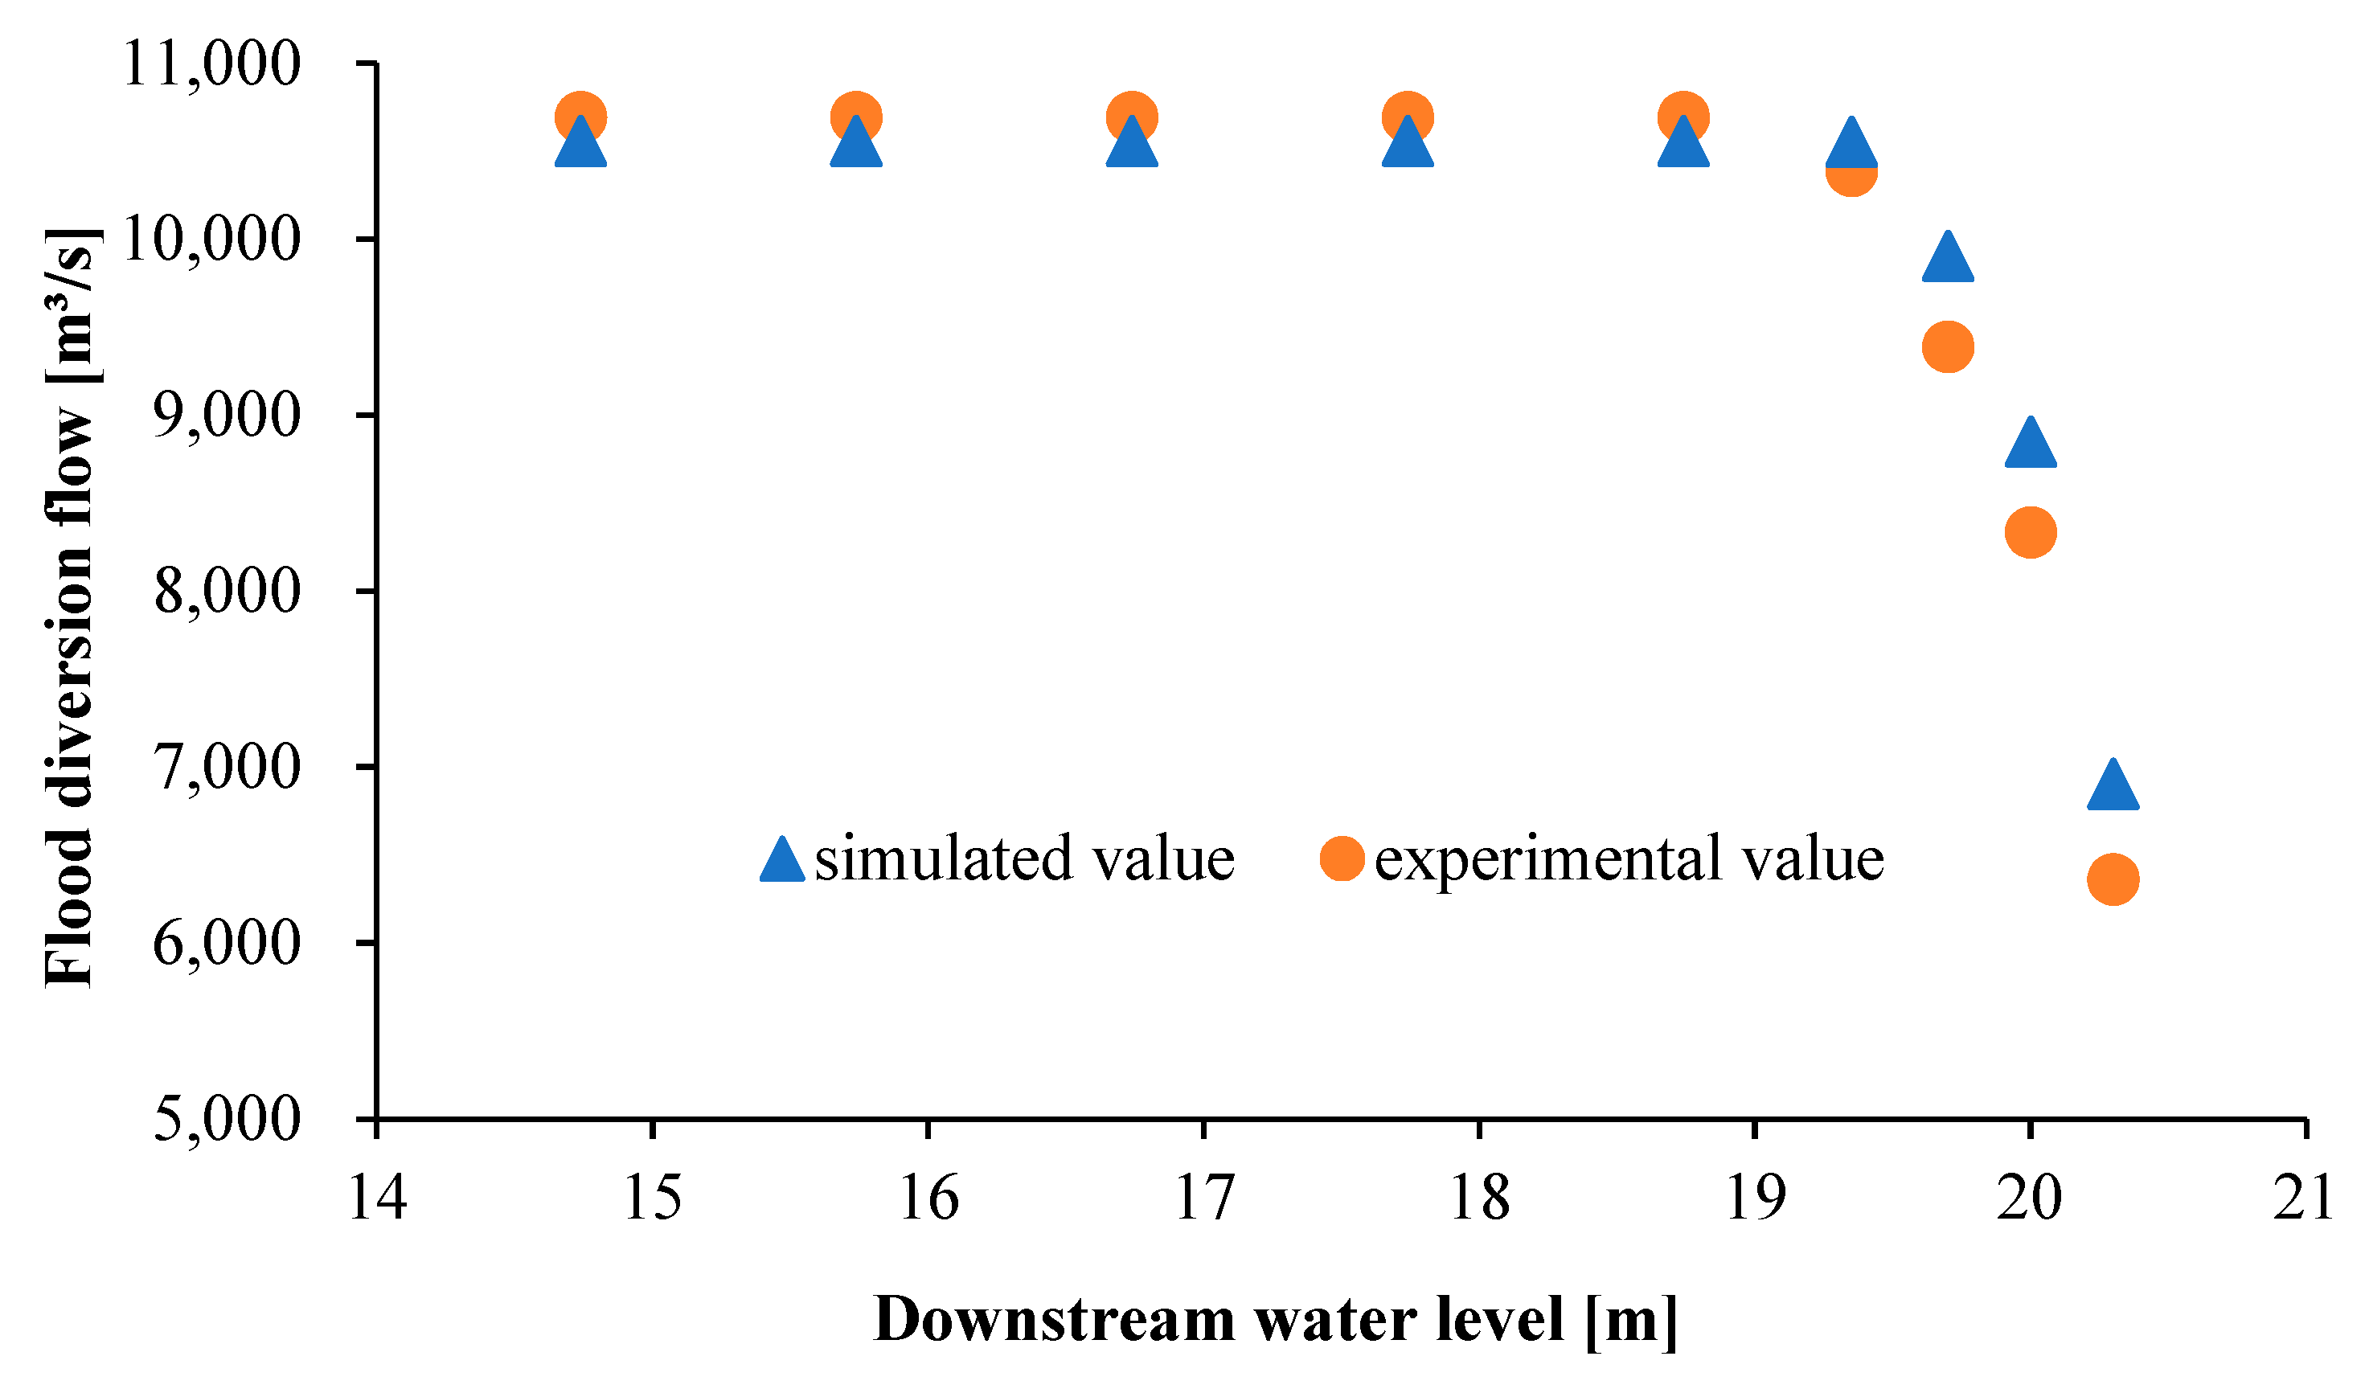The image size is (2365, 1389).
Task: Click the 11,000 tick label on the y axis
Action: click(212, 65)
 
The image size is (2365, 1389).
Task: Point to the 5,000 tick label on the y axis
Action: click(227, 1119)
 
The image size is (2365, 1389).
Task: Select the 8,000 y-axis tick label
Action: click(227, 592)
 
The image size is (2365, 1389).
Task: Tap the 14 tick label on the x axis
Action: click(377, 1198)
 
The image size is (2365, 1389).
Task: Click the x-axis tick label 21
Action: click(2302, 1198)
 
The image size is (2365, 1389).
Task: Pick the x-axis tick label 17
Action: click(1204, 1198)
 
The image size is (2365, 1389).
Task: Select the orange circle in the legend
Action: click(1341, 858)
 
